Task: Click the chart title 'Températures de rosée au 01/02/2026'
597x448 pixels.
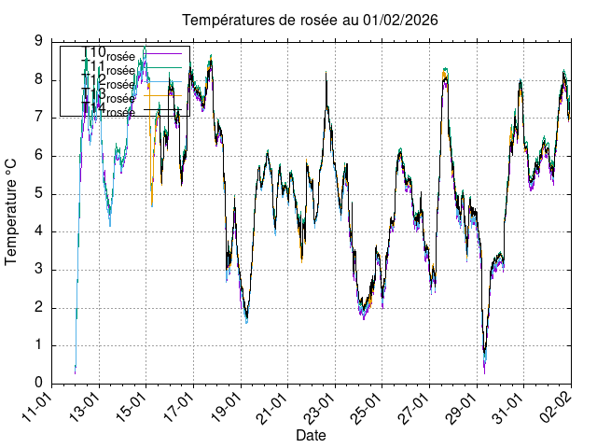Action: (310, 20)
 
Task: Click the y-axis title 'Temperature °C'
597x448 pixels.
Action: (12, 211)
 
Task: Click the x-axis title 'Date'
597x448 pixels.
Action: (311, 435)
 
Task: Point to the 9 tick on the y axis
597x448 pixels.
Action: (38, 41)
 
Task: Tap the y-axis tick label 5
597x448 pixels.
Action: (38, 193)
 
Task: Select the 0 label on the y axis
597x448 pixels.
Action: (38, 383)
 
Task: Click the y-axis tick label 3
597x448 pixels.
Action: (38, 270)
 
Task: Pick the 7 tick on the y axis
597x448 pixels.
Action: (38, 118)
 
